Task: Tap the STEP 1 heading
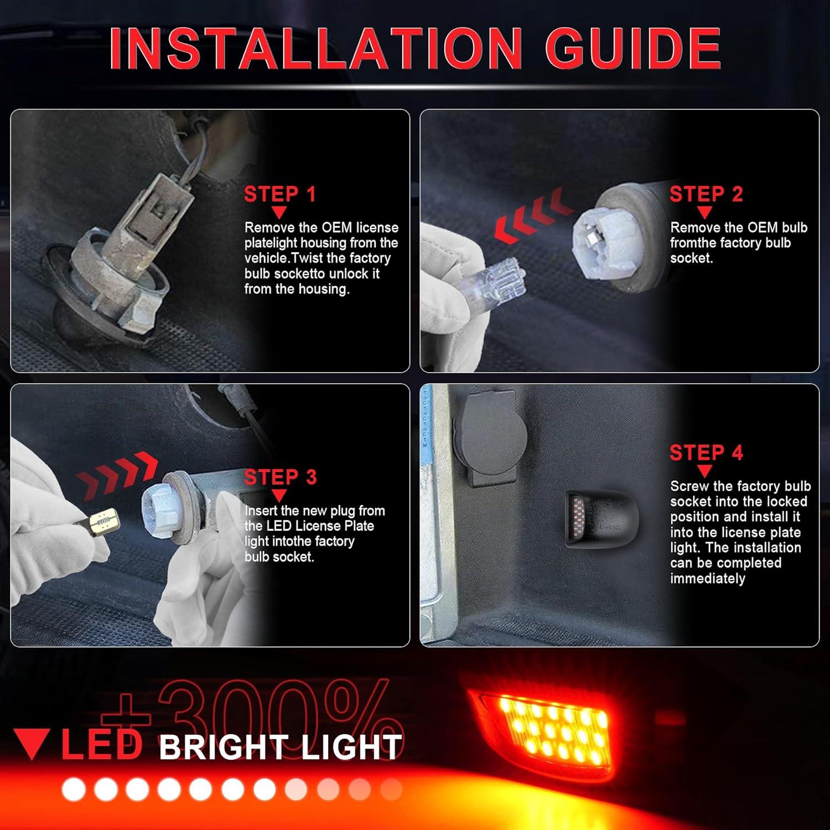click(x=279, y=194)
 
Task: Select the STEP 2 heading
click(x=705, y=194)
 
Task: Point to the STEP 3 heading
click(x=280, y=477)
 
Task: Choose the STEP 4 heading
click(x=705, y=453)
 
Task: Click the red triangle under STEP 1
click(x=279, y=212)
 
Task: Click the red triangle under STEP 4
click(x=704, y=471)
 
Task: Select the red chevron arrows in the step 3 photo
click(x=117, y=474)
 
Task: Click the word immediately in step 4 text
click(x=707, y=579)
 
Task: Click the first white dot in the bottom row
click(x=73, y=790)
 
